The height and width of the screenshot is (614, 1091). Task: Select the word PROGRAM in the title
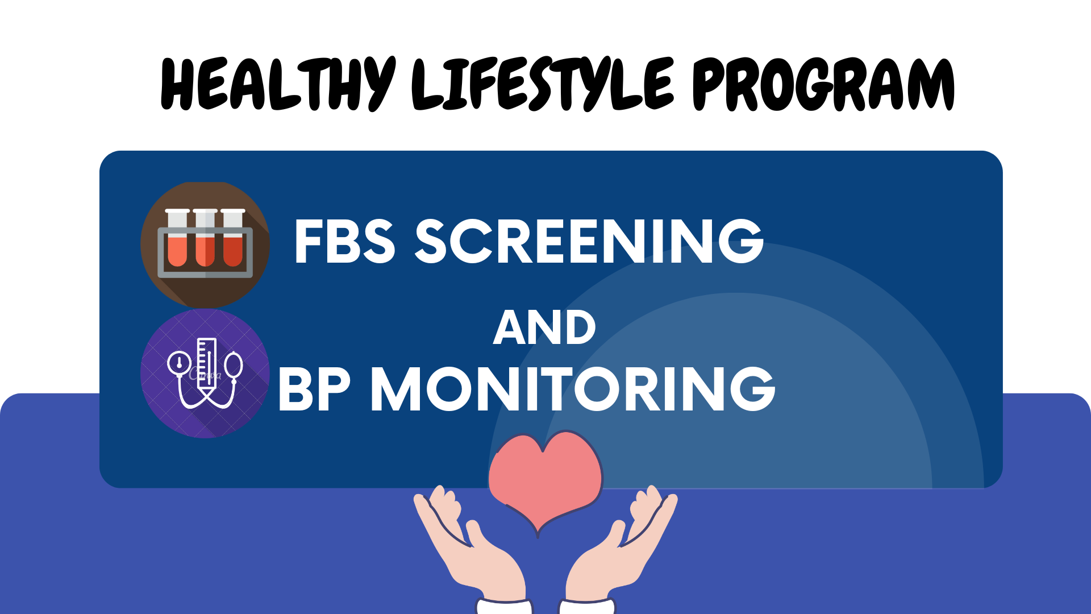tap(823, 84)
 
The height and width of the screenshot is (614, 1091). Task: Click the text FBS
tap(345, 242)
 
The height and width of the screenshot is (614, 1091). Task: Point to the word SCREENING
tap(590, 242)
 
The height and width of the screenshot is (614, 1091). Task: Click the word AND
tap(544, 327)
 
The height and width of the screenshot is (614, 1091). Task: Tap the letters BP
tap(314, 389)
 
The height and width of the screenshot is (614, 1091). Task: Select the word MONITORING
tap(573, 389)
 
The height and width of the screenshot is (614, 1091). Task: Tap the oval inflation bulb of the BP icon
tap(234, 366)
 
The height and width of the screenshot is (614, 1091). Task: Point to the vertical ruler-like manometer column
tap(206, 364)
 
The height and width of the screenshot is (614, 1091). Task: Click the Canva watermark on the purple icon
tap(205, 374)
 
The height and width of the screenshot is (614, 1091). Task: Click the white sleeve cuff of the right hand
tap(588, 606)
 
